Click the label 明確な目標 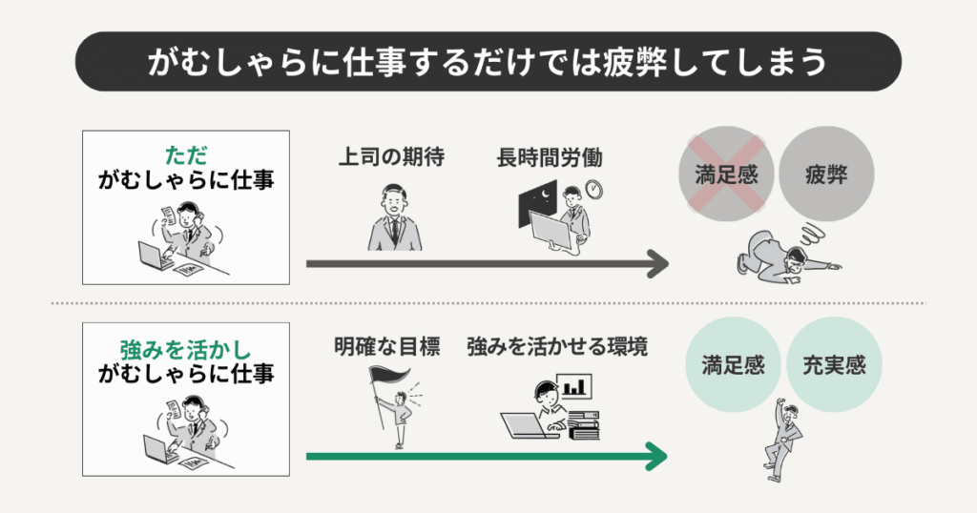coord(386,347)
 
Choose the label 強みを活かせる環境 coord(557,347)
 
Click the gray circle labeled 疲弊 coord(825,176)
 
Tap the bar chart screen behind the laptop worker coord(575,386)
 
